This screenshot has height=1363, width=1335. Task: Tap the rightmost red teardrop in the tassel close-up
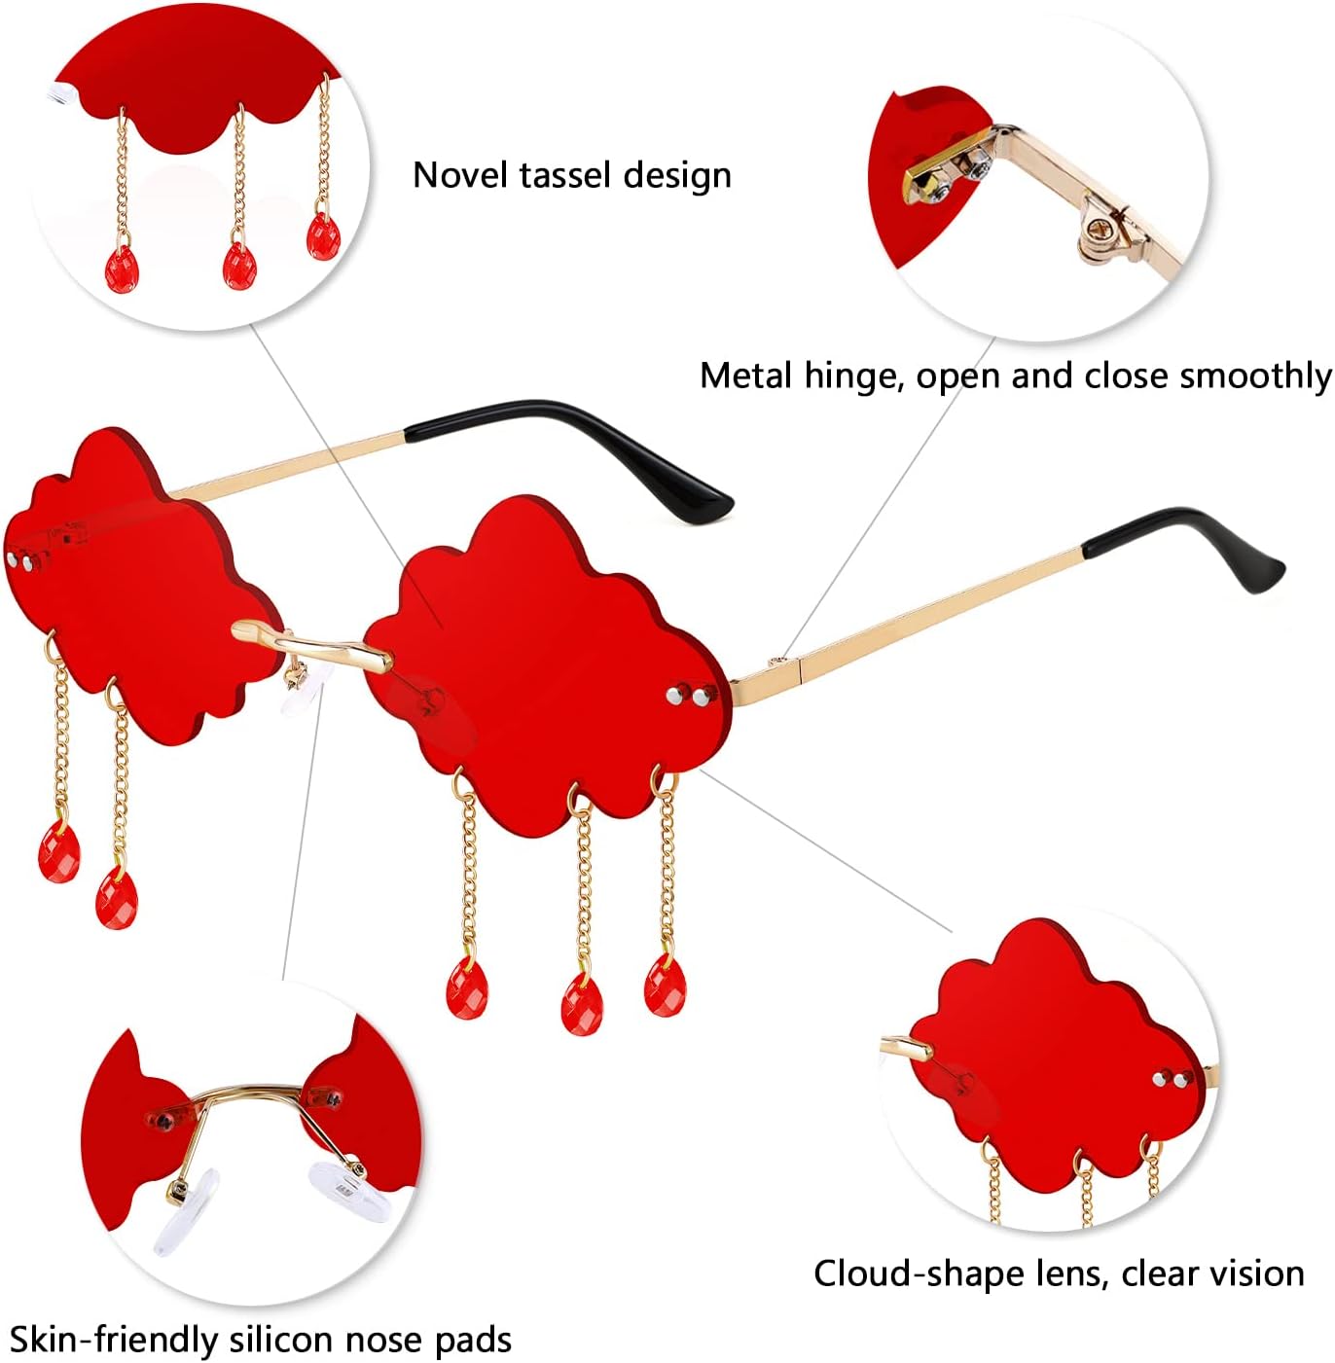(323, 236)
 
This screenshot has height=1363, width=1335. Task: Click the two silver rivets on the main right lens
(688, 698)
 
